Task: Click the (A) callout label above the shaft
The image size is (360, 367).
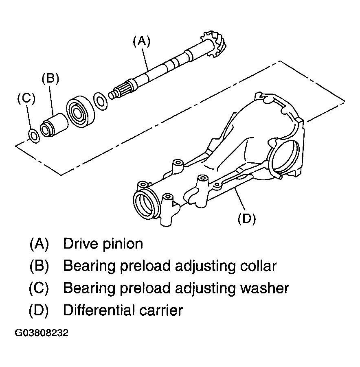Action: coord(141,42)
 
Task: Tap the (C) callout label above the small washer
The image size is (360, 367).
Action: coord(26,98)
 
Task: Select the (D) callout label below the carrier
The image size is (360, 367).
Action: coord(247,218)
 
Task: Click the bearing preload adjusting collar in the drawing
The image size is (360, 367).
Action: coord(54,125)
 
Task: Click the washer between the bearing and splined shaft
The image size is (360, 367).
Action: coord(101,102)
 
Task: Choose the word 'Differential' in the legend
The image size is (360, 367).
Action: coord(99,310)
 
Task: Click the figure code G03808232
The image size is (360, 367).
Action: coord(42,332)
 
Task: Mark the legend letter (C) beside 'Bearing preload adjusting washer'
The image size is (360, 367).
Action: coord(39,288)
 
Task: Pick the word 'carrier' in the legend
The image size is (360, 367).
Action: coord(161,310)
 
